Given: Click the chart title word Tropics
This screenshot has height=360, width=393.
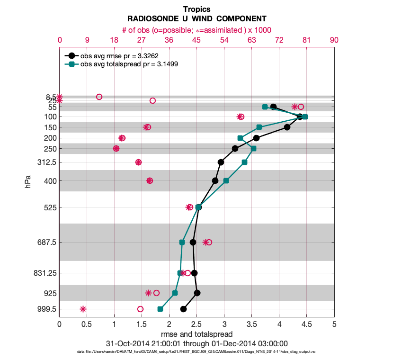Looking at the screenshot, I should click(x=196, y=9).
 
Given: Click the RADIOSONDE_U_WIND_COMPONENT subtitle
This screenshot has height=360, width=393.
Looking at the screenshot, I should click(x=196, y=19).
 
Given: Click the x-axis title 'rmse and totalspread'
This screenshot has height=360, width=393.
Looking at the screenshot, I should click(x=196, y=334).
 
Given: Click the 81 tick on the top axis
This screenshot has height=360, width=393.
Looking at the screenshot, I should click(x=306, y=40).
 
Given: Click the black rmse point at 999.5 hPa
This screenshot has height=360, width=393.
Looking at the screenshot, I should click(x=183, y=309).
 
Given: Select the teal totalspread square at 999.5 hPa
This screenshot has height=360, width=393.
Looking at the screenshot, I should click(x=160, y=309).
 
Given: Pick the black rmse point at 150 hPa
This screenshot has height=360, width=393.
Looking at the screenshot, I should click(x=287, y=127).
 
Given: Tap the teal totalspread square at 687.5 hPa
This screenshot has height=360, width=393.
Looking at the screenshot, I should click(x=182, y=242).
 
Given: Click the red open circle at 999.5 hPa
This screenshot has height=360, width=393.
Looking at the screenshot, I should click(x=140, y=309).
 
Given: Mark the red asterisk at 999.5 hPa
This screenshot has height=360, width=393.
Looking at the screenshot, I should click(x=83, y=309).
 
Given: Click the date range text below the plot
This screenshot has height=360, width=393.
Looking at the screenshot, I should click(x=196, y=343).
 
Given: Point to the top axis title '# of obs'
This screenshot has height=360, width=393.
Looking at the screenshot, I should click(x=196, y=30).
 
